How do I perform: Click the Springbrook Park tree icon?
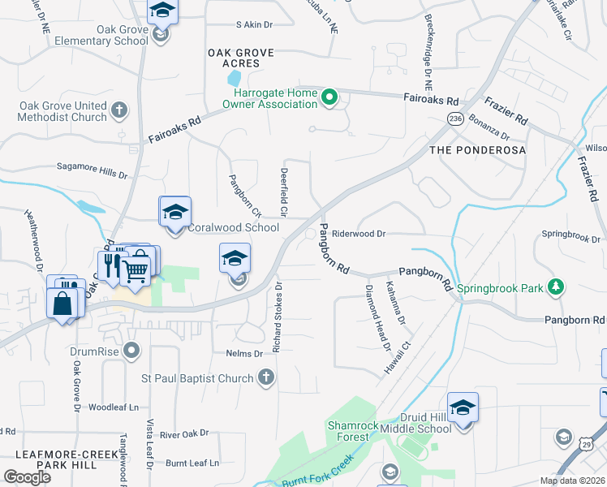(556, 287)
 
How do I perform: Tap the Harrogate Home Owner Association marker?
(329, 99)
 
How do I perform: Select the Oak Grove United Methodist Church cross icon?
(119, 110)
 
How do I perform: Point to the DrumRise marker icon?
(132, 351)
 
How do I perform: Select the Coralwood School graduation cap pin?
(174, 212)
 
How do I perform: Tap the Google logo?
(28, 477)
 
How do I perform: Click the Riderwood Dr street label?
(358, 233)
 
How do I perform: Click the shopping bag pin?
(62, 304)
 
